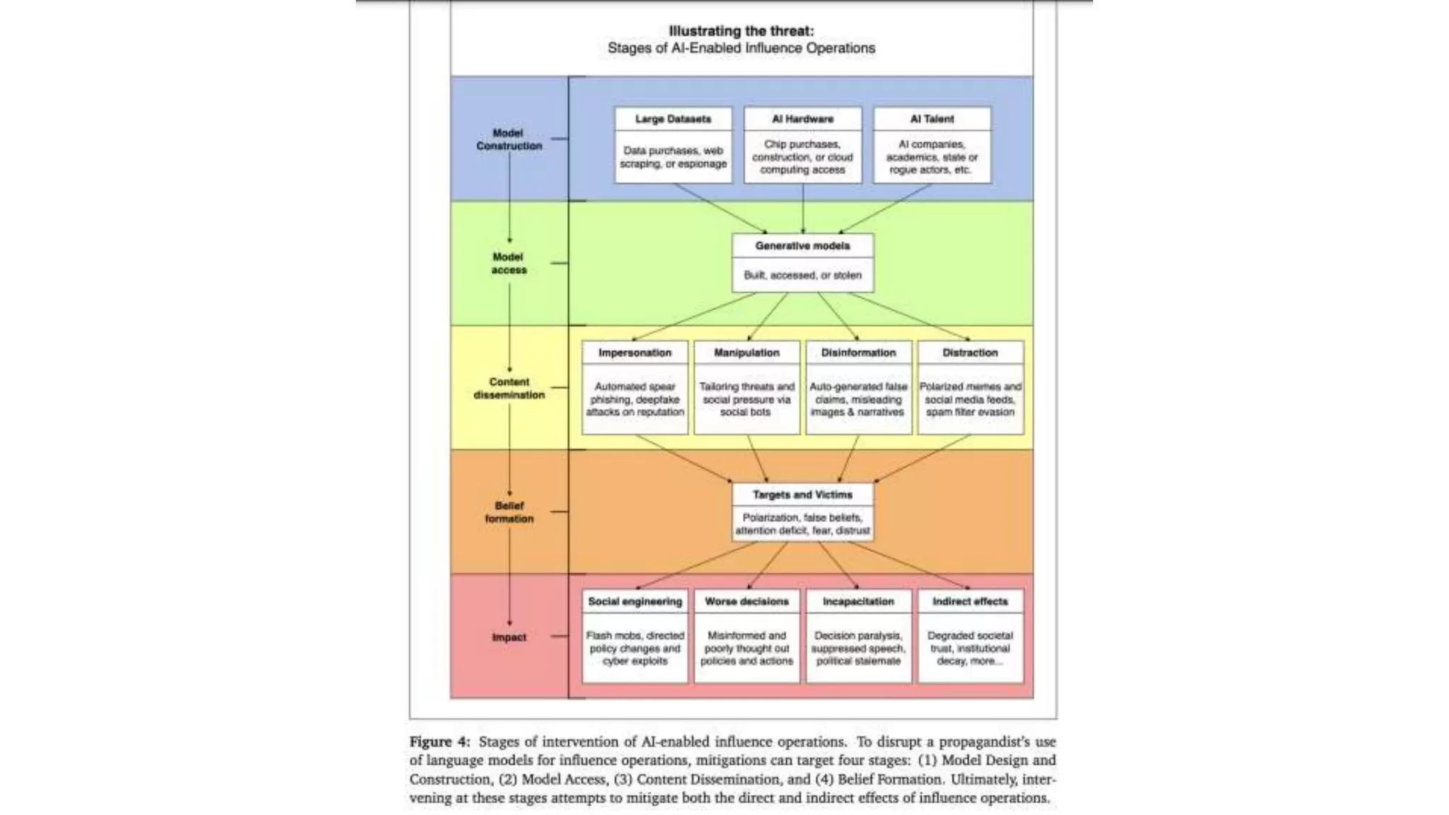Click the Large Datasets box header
point(673,119)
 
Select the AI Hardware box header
point(802,119)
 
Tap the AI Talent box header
point(932,119)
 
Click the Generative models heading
point(802,245)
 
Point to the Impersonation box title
point(635,352)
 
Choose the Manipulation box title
point(746,352)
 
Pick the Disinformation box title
point(858,352)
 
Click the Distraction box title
point(970,352)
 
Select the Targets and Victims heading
point(802,495)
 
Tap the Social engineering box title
point(635,601)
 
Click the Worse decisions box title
point(746,601)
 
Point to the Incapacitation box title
point(858,601)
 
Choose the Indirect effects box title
point(970,601)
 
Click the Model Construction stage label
point(509,139)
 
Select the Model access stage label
point(509,263)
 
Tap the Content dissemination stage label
point(509,388)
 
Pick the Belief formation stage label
point(509,512)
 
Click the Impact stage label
point(509,637)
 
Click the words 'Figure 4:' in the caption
point(439,741)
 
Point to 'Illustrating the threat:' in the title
point(741,31)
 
